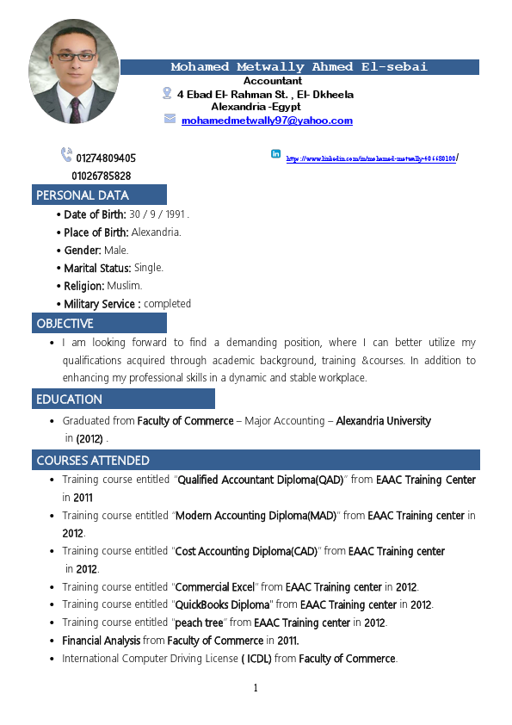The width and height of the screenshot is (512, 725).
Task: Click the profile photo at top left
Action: coord(74,72)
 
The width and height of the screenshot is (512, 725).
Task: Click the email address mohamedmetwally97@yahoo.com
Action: coord(267,121)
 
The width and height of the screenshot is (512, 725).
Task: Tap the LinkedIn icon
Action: coord(275,154)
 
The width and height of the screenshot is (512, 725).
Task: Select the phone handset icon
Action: coord(66,155)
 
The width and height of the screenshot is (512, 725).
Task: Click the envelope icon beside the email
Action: coord(170,119)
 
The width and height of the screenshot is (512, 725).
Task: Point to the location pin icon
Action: coord(167,93)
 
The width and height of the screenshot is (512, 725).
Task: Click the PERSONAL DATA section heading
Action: coord(83,195)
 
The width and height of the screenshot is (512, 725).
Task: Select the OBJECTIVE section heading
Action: coord(65,324)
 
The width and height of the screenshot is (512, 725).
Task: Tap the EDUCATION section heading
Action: coord(69,400)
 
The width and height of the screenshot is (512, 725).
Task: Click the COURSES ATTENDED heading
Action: coord(93,461)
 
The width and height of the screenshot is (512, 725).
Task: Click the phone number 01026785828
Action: coord(102,177)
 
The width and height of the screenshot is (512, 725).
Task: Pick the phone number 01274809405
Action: coord(106,158)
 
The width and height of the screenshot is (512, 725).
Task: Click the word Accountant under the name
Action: coord(273,81)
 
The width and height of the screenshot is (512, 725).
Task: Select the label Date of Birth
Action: coord(96,214)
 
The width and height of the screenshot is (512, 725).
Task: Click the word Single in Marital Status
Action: coord(148,268)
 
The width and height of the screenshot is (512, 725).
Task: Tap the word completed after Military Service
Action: coord(167,304)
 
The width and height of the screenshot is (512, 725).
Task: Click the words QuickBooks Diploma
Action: coord(224,604)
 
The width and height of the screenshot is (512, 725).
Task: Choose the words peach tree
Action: coord(199,623)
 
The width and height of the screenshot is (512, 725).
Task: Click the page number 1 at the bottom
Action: coord(256,687)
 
